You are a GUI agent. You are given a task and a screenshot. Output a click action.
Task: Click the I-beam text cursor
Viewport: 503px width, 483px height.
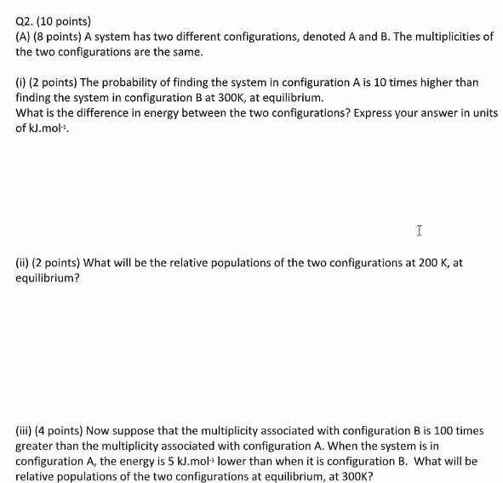pos(420,230)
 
